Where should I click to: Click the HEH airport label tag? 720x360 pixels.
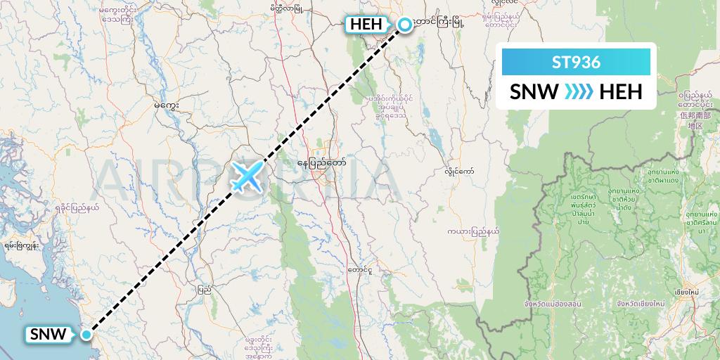coord(366,25)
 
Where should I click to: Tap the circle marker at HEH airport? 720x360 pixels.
coord(405,25)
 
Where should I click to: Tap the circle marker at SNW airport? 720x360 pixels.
coord(86,335)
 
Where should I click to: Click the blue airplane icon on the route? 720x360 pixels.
coord(246,176)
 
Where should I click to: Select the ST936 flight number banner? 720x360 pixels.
coord(576,63)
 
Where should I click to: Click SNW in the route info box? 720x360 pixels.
coord(534,91)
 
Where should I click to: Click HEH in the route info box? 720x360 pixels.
coord(620,91)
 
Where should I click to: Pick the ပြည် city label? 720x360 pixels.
coord(205,289)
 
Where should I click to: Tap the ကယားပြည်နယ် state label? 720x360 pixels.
coord(473,230)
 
